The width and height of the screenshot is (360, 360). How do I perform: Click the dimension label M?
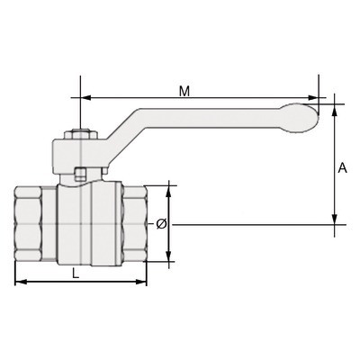(184, 92)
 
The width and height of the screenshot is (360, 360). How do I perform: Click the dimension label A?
(342, 168)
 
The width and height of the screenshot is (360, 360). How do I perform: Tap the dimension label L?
(76, 273)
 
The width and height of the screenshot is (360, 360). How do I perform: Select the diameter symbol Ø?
(161, 224)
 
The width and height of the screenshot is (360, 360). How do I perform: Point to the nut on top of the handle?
(81, 134)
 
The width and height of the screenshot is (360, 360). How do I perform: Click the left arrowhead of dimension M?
(85, 98)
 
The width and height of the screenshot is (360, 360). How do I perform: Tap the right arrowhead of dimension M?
(313, 98)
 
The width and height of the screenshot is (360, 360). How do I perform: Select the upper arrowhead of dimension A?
(335, 110)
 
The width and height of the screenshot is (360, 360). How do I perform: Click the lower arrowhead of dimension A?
(335, 219)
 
